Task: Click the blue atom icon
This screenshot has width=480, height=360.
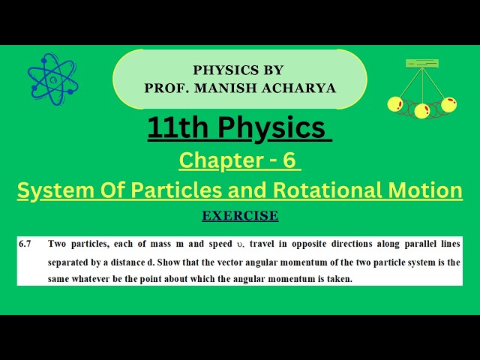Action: pos(52,79)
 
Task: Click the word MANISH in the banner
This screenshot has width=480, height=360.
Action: pos(212,87)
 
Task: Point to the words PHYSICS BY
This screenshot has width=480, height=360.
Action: pos(238,70)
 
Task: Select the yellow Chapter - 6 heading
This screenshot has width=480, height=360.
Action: pos(239,160)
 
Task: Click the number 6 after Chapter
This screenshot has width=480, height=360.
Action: pos(293,160)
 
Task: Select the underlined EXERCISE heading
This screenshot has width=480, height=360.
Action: pos(240,216)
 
